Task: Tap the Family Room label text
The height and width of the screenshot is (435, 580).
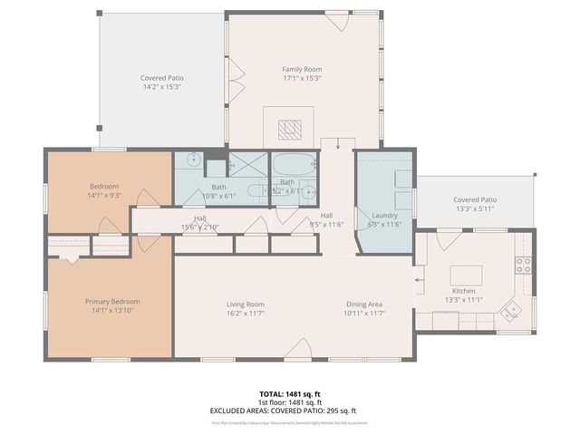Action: point(303,69)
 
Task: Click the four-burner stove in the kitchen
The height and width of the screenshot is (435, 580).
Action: point(524,265)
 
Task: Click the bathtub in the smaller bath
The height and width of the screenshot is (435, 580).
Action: point(290,168)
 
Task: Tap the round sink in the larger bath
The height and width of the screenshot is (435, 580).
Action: point(193,160)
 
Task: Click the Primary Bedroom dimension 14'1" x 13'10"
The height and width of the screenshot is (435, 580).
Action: point(112,311)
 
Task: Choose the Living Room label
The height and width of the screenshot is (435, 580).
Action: point(245,304)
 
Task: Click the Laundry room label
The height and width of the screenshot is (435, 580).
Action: point(384,216)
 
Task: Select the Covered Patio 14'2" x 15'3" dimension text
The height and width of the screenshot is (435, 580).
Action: point(161,87)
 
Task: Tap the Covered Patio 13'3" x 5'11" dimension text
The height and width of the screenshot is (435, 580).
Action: point(475,208)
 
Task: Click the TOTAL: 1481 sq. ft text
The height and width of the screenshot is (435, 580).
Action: point(290,393)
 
